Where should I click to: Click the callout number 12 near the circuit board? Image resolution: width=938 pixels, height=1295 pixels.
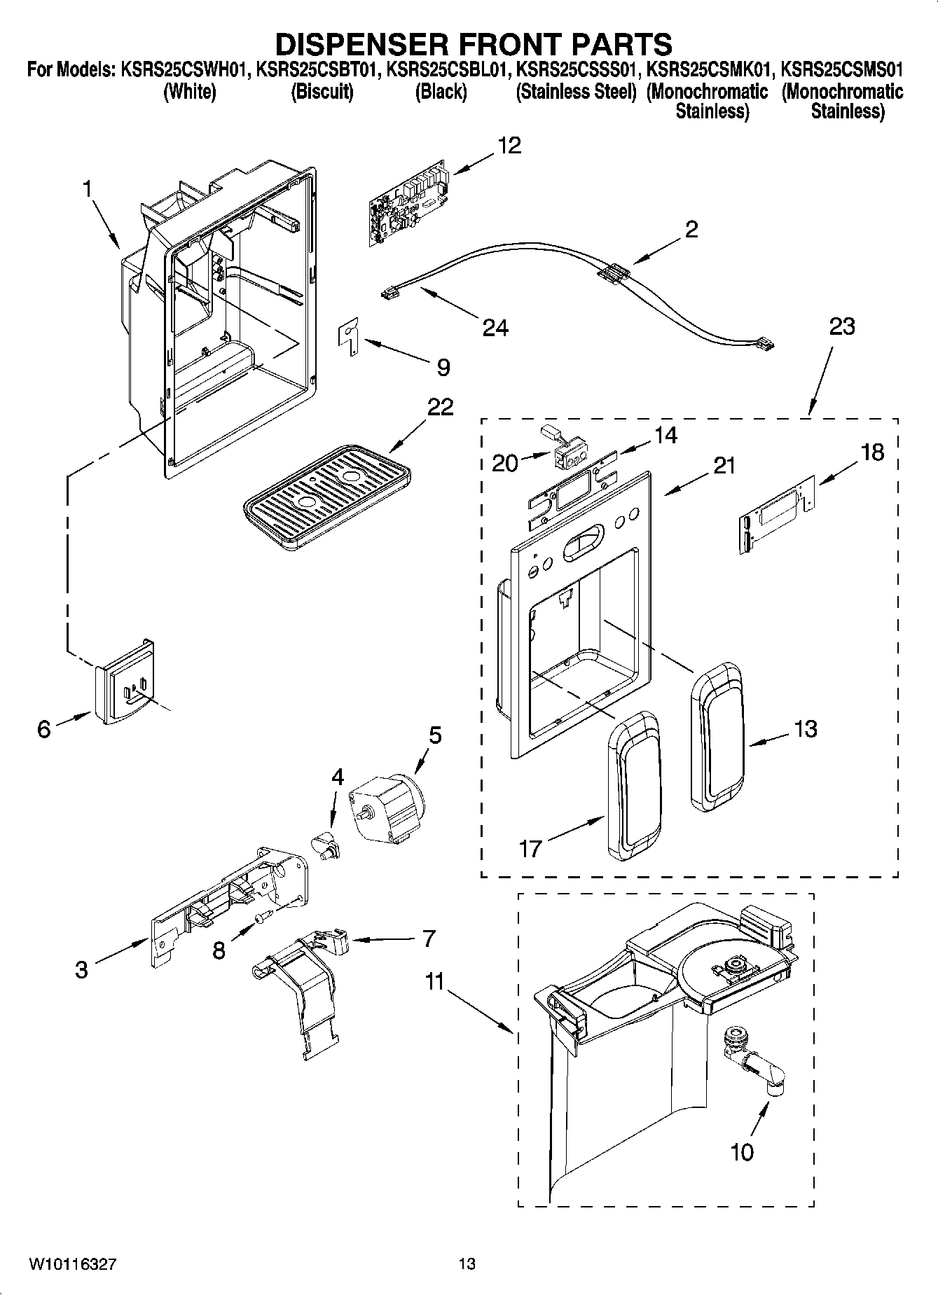coord(509,145)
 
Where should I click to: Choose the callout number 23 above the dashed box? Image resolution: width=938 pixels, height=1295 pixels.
coord(842,326)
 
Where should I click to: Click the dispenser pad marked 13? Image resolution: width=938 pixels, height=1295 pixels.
coord(716,737)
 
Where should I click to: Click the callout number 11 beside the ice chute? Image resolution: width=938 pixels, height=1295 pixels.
coord(435,982)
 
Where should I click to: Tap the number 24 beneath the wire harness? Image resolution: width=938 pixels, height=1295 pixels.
coord(495,326)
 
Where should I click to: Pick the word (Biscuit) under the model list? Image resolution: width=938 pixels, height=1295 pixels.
coord(322,92)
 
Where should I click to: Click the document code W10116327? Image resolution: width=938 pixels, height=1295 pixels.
coord(72,1264)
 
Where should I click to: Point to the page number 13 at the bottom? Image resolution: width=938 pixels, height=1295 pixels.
coord(467,1264)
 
